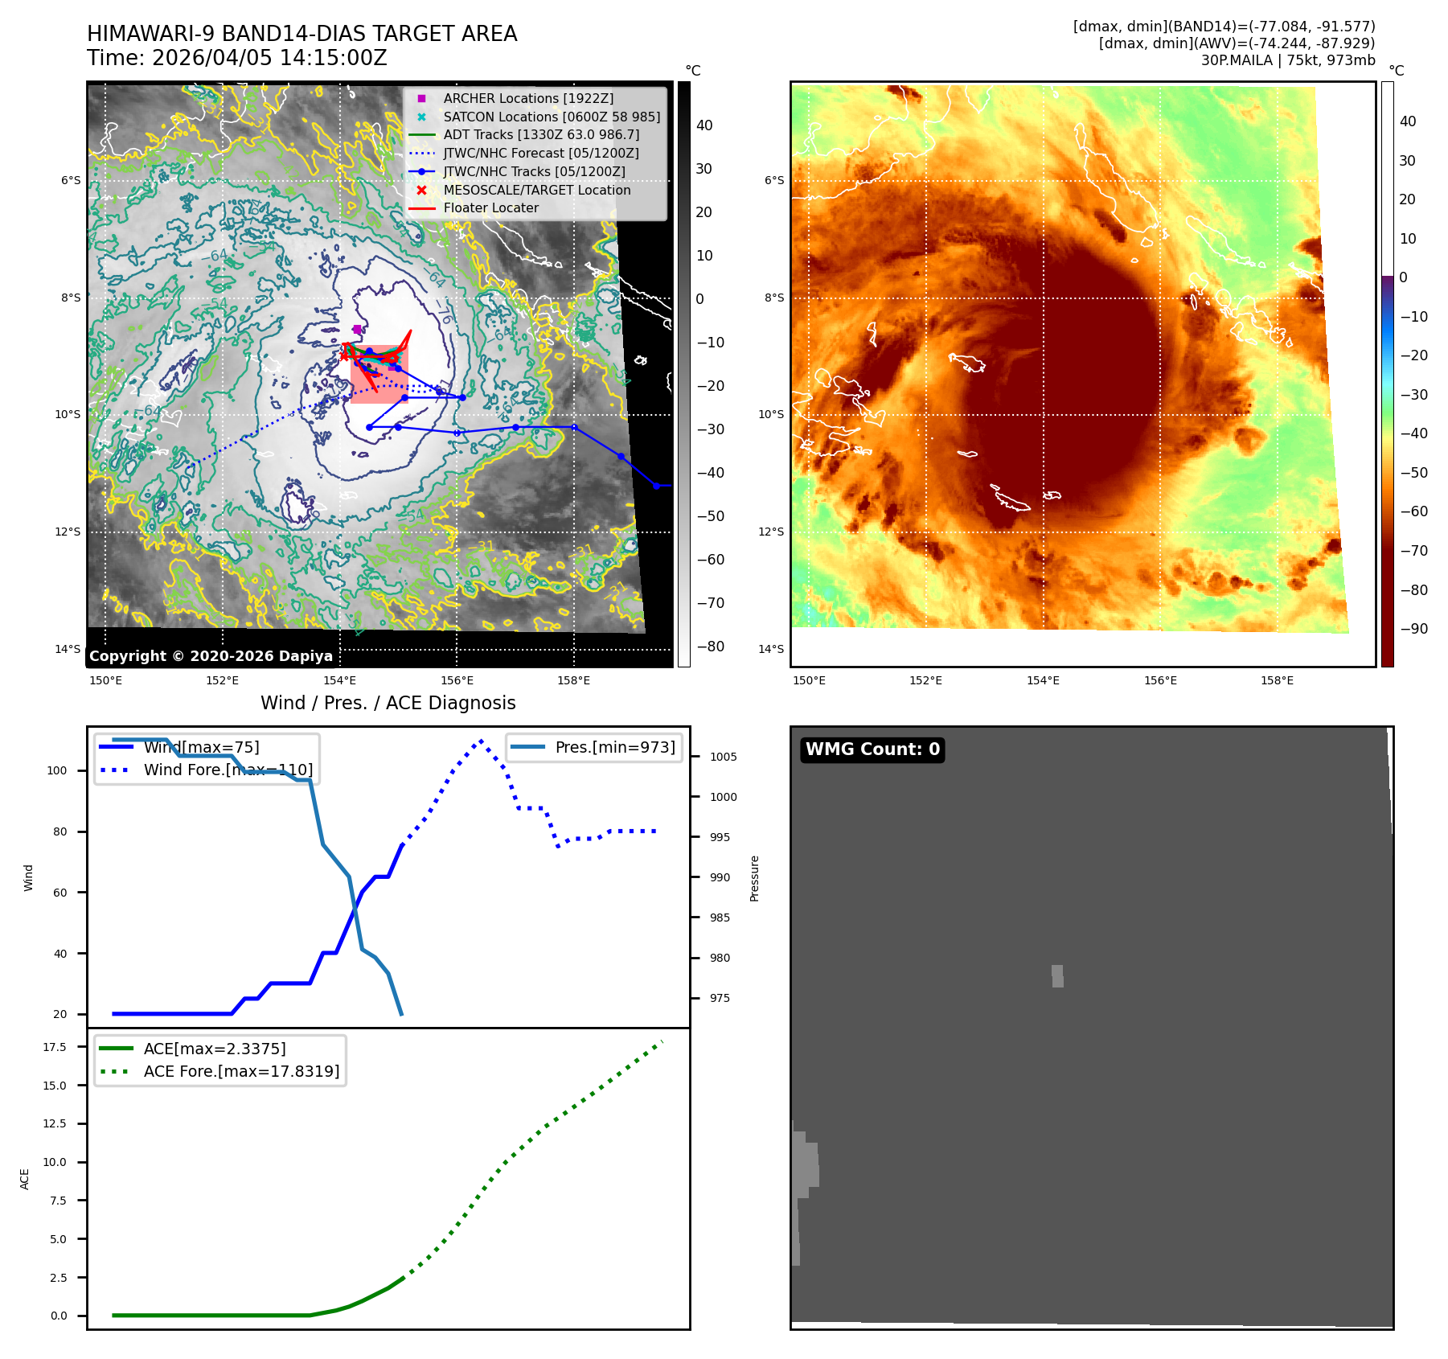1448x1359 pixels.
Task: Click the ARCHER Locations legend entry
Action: click(x=527, y=98)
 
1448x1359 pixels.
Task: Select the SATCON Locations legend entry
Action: click(x=551, y=117)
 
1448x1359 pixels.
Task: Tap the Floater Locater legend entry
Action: click(x=490, y=207)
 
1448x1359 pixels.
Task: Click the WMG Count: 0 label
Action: click(x=872, y=749)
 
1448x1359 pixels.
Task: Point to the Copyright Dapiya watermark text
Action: click(x=211, y=656)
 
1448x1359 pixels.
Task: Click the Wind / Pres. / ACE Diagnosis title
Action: click(x=388, y=703)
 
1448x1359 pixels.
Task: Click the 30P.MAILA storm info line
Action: click(x=1287, y=60)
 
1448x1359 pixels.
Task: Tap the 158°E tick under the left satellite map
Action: click(x=573, y=680)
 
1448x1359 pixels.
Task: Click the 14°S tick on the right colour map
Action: click(x=771, y=649)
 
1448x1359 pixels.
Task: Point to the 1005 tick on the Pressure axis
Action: click(x=723, y=757)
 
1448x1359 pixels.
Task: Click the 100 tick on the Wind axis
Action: click(x=57, y=770)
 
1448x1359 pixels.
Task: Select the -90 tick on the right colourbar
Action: click(x=1413, y=629)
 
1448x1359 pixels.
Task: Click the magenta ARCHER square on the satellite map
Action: click(x=357, y=329)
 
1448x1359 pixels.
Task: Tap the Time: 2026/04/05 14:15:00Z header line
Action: click(x=236, y=58)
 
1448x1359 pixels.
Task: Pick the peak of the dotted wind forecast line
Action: click(x=481, y=741)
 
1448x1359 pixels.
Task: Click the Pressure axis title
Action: click(x=754, y=878)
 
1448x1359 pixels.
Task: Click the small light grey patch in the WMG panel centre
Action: click(x=1057, y=976)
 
